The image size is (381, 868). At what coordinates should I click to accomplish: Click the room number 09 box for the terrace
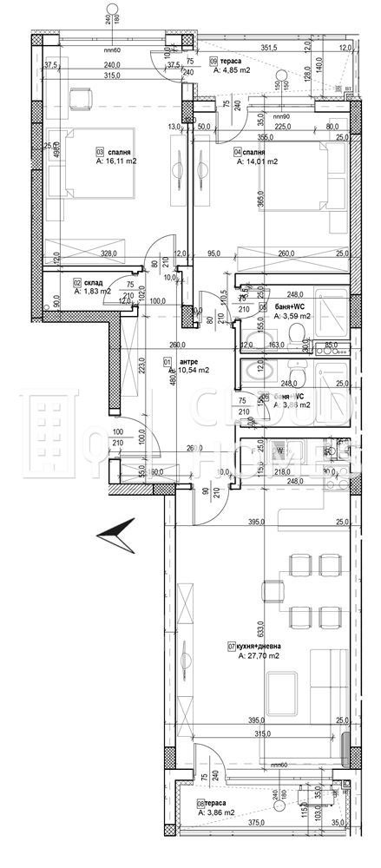[x=214, y=61]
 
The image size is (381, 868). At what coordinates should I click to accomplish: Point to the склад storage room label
[x=92, y=282]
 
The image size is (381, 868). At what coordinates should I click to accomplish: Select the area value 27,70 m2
[x=259, y=657]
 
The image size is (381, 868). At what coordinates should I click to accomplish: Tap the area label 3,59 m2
[x=292, y=317]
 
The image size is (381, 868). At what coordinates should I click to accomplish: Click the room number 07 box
[x=232, y=647]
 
